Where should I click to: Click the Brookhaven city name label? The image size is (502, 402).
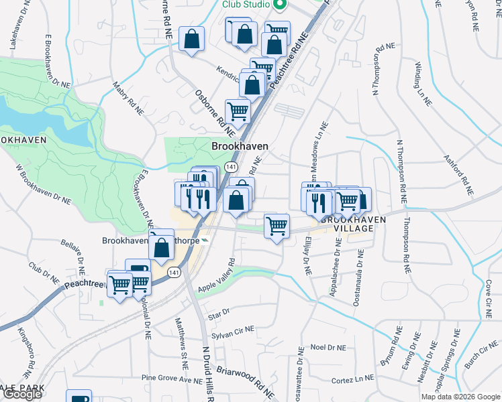point(240,146)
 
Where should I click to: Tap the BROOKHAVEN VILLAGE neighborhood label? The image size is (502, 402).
point(354,224)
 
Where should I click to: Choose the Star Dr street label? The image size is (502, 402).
point(219,312)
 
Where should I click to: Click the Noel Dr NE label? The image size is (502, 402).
point(328,348)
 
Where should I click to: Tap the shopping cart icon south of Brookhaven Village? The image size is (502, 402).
point(277,226)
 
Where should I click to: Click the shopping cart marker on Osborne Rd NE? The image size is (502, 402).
point(238,111)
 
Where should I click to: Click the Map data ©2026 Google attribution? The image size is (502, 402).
point(460,397)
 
